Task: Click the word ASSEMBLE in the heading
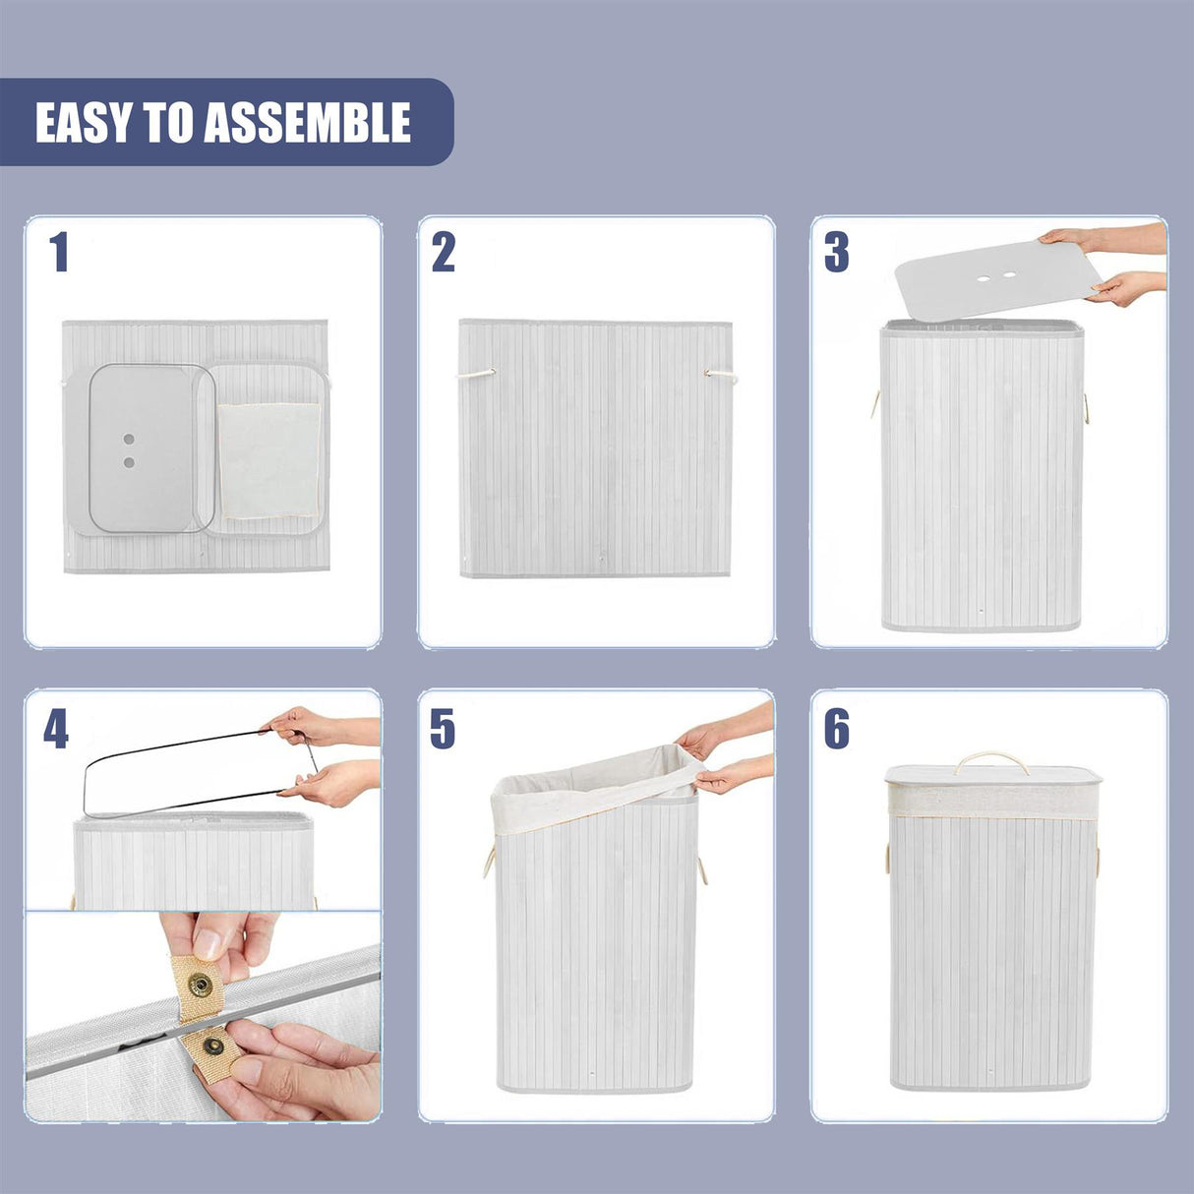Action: (x=307, y=123)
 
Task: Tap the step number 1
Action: (x=59, y=253)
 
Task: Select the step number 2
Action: (x=444, y=253)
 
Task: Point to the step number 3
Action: (x=836, y=253)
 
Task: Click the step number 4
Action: (x=56, y=729)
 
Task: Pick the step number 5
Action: (x=443, y=729)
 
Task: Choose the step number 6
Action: (x=836, y=729)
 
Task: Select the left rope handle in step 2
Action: (x=476, y=374)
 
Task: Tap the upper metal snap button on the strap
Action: (x=202, y=982)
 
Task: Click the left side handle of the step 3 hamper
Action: (x=874, y=403)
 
